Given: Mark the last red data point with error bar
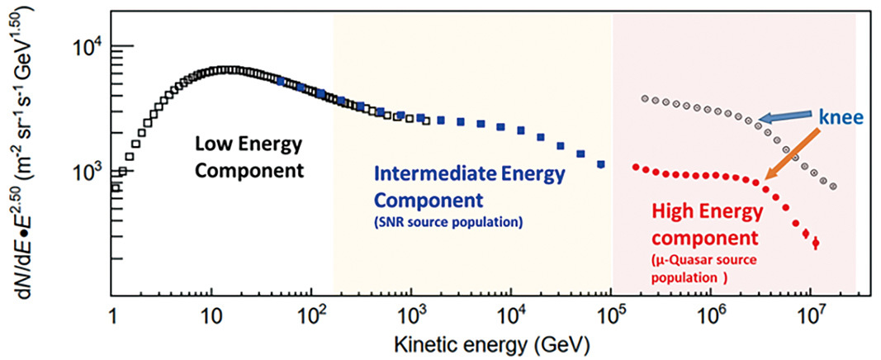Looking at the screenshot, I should tap(815, 243).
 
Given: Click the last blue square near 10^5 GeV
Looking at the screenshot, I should tap(600, 163).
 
